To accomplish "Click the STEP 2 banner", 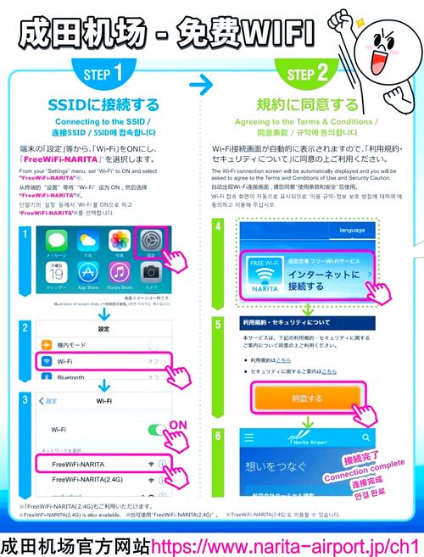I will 314,74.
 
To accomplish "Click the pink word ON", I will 179,424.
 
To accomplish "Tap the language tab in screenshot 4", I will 351,230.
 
